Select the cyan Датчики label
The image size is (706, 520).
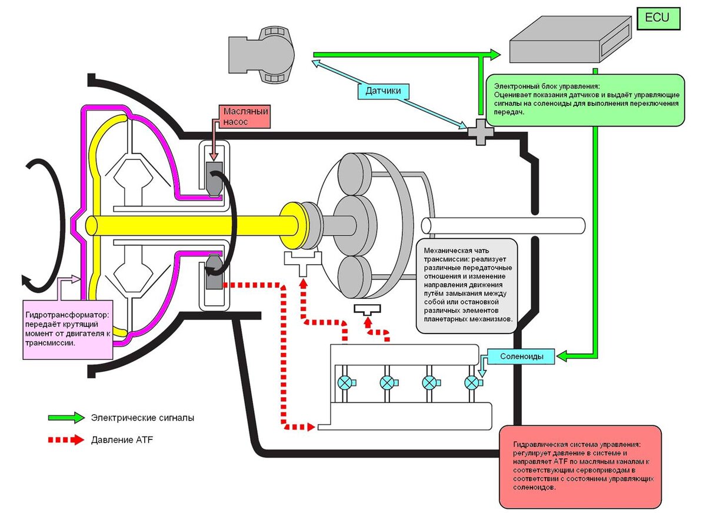pos(384,91)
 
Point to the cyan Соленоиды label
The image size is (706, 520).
pos(527,356)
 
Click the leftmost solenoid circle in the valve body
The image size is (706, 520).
pos(344,383)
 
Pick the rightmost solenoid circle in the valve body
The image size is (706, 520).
pos(472,383)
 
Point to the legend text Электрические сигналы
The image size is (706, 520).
pos(142,418)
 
